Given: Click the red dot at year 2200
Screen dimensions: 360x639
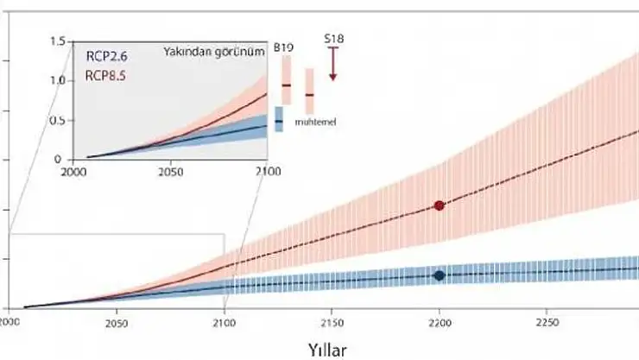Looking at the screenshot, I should coord(440,205).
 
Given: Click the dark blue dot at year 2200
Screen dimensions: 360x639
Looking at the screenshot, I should coord(440,275).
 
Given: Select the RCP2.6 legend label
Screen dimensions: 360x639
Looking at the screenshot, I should coord(106,57).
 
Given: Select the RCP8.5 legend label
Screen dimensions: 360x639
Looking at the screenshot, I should coord(106,76).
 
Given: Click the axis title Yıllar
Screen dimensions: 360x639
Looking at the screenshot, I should coord(329,350).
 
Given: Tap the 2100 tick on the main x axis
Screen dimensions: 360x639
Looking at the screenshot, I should coord(224,324).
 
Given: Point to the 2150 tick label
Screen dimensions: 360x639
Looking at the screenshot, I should coord(331,324).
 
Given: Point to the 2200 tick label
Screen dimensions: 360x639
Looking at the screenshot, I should coord(440,324).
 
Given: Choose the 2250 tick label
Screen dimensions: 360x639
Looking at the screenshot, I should coord(546,324).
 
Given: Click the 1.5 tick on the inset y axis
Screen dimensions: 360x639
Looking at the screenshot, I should coord(59,41).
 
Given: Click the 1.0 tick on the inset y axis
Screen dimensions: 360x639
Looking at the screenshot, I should coord(59,81).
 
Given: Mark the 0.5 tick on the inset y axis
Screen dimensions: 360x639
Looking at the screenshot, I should coord(59,120).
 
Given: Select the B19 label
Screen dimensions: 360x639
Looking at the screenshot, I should coord(282,47).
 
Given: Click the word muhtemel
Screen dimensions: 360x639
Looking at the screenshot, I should coord(315,122).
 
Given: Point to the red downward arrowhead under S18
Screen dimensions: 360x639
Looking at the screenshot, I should coord(332,76).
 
